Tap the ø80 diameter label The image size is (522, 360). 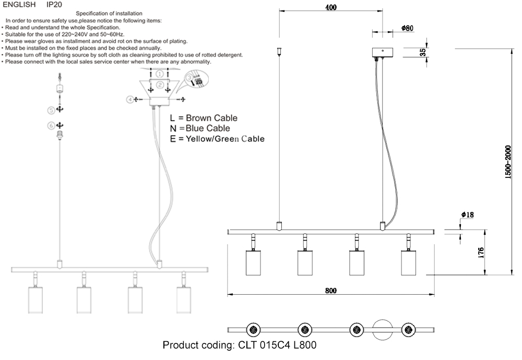pyautogui.click(x=408, y=28)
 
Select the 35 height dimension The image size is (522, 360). pyautogui.click(x=423, y=52)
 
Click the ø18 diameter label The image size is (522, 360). pyautogui.click(x=467, y=215)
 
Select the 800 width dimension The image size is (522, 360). pyautogui.click(x=331, y=291)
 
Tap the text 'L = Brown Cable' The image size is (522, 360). pyautogui.click(x=204, y=118)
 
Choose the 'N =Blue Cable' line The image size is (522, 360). pyautogui.click(x=200, y=128)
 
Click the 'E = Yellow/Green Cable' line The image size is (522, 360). pyautogui.click(x=217, y=139)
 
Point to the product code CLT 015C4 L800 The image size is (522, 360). pyautogui.click(x=240, y=345)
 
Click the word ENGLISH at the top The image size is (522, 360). pyautogui.click(x=19, y=5)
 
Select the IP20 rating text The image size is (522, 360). pyautogui.click(x=55, y=5)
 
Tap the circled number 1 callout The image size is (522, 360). pyautogui.click(x=159, y=75)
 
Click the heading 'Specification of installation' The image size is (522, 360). pyautogui.click(x=109, y=13)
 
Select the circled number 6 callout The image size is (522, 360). pyautogui.click(x=51, y=125)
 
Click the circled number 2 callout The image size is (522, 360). pyautogui.click(x=160, y=85)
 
